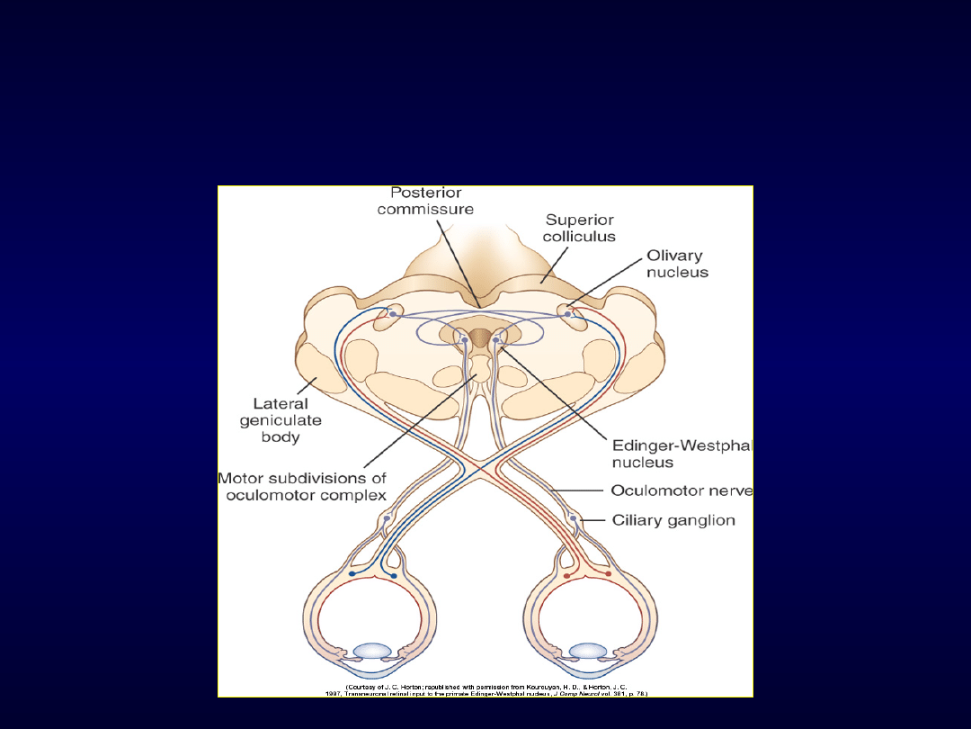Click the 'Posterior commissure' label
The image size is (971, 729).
tap(425, 201)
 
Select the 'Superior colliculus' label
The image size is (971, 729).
tap(579, 228)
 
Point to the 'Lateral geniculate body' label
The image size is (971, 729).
tap(281, 420)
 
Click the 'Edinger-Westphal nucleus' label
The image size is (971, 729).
tap(681, 454)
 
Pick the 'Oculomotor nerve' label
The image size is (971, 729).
tap(681, 490)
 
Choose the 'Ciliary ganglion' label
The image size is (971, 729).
tap(673, 520)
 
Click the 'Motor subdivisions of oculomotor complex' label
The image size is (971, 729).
tap(302, 486)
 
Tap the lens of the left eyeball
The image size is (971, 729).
tap(372, 651)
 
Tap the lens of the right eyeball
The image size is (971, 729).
tap(587, 651)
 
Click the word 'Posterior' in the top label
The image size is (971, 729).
tap(426, 193)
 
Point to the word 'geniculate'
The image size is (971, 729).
tap(281, 420)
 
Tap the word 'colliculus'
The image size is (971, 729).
tap(579, 236)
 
